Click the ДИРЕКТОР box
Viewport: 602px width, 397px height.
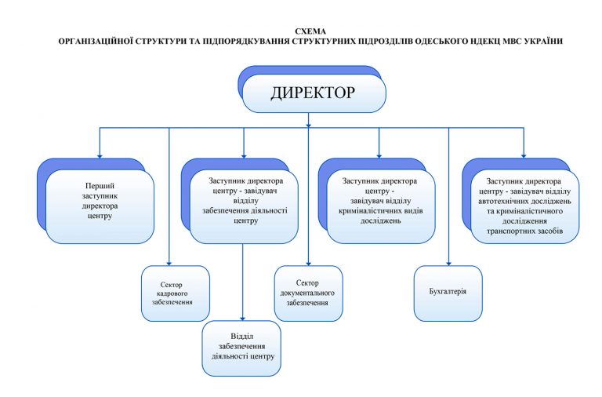[x=313, y=93]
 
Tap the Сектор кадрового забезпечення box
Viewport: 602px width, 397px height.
[x=175, y=293]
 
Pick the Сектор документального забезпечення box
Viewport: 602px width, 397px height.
[x=308, y=292]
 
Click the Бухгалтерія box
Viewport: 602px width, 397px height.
[x=448, y=292]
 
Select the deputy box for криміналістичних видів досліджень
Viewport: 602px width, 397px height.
[x=379, y=202]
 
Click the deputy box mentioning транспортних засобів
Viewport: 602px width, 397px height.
[x=524, y=202]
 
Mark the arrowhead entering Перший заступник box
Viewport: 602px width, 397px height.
[x=99, y=155]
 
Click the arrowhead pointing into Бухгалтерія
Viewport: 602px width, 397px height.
[x=448, y=262]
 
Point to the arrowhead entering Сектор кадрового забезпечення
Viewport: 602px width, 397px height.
[x=169, y=262]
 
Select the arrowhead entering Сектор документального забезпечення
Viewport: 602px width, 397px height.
[x=308, y=262]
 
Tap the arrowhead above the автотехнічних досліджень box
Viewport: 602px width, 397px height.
[x=524, y=155]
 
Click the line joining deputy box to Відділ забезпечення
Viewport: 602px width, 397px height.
[x=243, y=282]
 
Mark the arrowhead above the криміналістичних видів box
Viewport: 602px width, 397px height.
[x=379, y=155]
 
